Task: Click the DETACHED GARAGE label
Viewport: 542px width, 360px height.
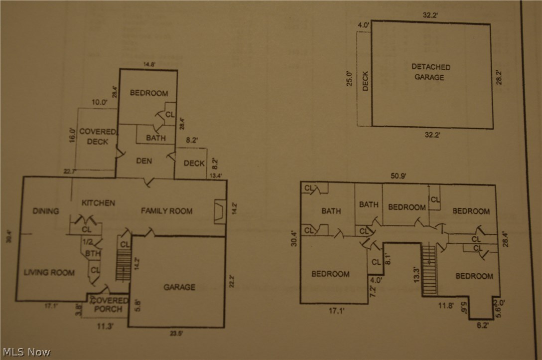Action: tap(431, 72)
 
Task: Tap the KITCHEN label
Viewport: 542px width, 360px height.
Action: tap(99, 203)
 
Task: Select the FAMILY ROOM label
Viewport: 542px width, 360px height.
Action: tap(166, 211)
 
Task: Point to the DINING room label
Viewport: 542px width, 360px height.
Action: tap(46, 211)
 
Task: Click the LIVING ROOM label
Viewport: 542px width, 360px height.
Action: tap(49, 272)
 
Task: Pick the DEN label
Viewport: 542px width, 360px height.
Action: tap(143, 161)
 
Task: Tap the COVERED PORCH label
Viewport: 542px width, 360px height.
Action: tap(109, 305)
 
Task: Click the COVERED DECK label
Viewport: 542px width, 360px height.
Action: tap(98, 136)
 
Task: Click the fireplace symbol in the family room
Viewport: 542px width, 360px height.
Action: tap(219, 211)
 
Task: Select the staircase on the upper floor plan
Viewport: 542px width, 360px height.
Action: tap(429, 269)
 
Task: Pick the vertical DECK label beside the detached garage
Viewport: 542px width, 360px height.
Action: tap(365, 81)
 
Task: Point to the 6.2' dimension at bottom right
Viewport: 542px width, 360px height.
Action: tap(482, 325)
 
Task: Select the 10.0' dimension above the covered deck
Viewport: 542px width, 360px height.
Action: tap(100, 102)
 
